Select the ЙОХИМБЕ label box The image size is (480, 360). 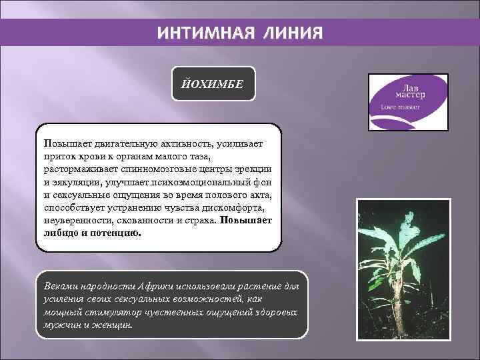coord(213,84)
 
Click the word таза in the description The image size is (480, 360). coord(197,156)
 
